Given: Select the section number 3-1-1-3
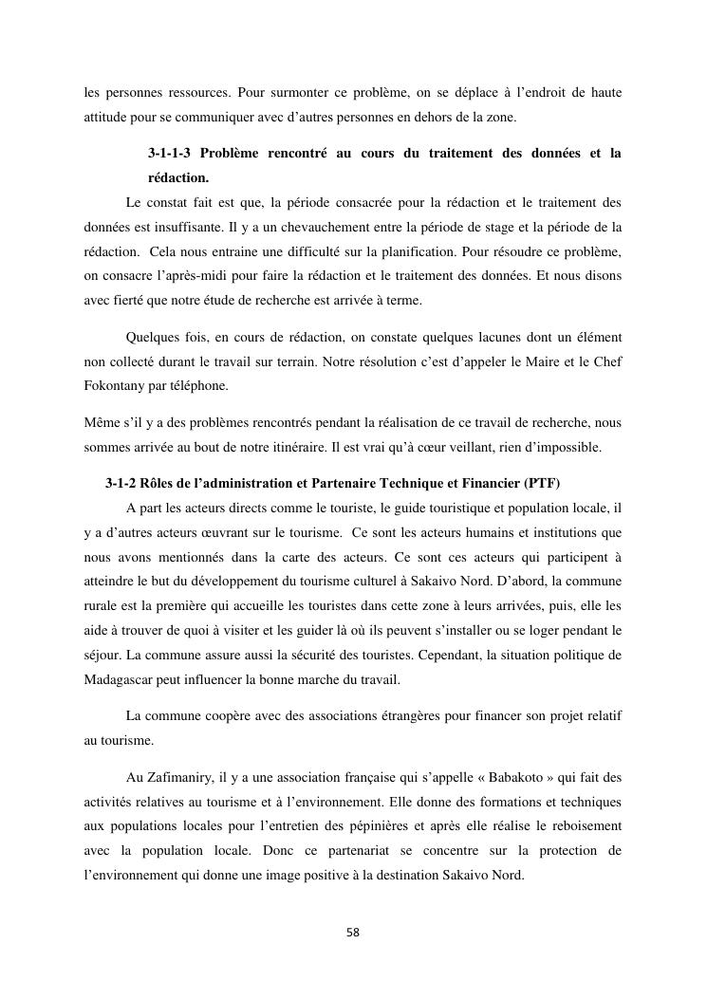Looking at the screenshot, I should (x=177, y=153).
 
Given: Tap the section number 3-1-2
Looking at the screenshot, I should (x=121, y=483).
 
